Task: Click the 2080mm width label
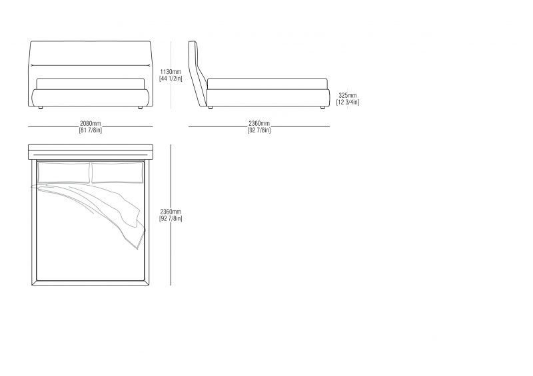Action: (x=91, y=123)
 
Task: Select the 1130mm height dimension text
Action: (x=171, y=72)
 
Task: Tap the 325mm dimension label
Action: (x=347, y=95)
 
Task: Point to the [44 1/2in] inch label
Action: (x=171, y=79)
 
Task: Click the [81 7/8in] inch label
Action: (x=91, y=130)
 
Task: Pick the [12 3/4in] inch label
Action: (x=347, y=102)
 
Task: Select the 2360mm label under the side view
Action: (x=259, y=123)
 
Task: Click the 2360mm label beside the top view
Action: (x=171, y=212)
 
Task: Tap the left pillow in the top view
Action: (x=64, y=173)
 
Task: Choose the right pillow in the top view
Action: (x=117, y=173)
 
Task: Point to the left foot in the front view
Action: (x=41, y=108)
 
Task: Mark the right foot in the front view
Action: (x=140, y=108)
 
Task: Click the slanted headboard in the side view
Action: (x=197, y=73)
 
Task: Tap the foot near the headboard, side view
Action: (x=210, y=108)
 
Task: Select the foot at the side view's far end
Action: (x=322, y=108)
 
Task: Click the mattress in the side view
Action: (x=268, y=84)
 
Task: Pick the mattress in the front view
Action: (x=91, y=84)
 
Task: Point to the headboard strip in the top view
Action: (x=91, y=152)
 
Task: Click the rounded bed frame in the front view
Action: (x=91, y=98)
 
